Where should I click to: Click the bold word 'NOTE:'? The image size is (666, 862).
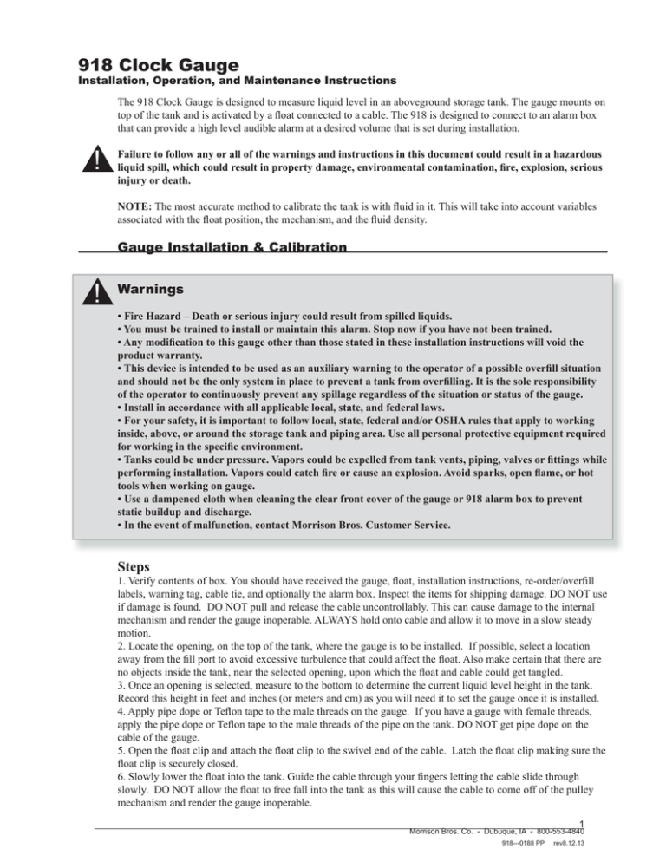[137, 208]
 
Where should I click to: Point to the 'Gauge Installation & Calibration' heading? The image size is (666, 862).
[232, 247]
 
